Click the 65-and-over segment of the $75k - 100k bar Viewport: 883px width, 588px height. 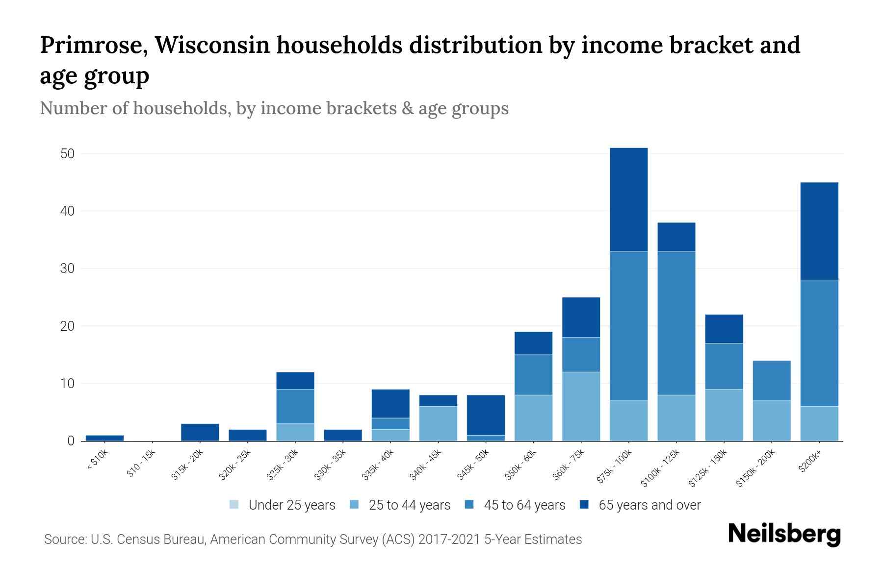[628, 199]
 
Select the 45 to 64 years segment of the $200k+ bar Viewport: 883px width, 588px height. [819, 343]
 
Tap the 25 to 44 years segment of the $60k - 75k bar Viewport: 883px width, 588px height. [581, 406]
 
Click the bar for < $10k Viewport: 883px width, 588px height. [104, 438]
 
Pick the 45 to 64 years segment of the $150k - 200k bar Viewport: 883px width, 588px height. [771, 381]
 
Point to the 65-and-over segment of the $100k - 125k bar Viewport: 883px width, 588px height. [676, 237]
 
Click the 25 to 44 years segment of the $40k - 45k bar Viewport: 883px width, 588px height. [438, 423]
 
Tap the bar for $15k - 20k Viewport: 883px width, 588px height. [200, 432]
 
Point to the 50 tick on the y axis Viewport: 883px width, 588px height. [67, 154]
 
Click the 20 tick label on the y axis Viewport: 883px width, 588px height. [67, 326]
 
